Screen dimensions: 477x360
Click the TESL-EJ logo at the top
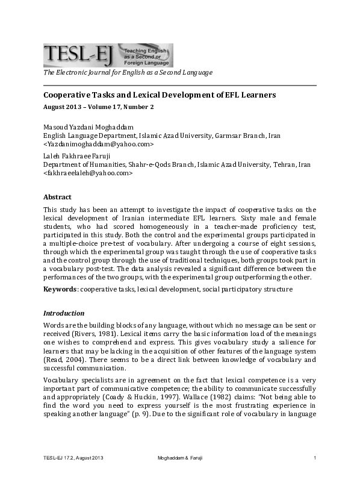108,55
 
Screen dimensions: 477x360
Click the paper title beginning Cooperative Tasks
160,95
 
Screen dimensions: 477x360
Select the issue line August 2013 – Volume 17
99,107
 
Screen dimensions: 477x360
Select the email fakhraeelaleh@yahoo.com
87,173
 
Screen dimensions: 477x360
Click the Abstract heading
57,197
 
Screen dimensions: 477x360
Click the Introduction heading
64,313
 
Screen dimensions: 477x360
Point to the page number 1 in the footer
315,460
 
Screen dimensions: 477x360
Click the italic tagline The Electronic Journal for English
127,73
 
